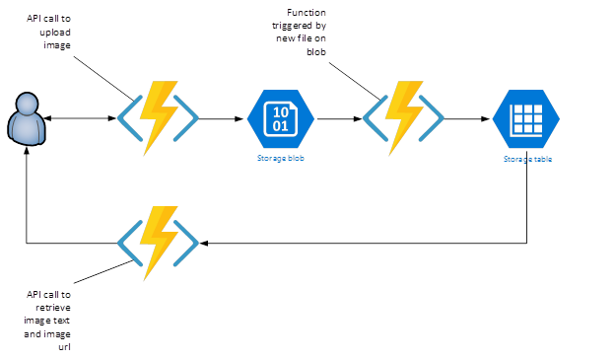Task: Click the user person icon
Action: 27,119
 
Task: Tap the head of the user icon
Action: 27,103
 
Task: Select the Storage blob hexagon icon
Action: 281,118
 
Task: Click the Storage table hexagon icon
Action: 526,118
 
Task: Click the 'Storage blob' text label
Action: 281,158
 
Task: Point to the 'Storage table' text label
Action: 527,159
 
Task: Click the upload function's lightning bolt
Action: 159,117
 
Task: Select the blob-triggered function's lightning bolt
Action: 404,117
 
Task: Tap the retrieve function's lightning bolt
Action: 159,243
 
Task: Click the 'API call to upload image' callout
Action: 48,32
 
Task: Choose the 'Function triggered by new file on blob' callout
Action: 300,32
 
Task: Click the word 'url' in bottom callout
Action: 64,347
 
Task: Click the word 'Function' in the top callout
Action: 307,13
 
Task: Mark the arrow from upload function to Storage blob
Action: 221,118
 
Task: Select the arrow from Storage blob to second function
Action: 339,118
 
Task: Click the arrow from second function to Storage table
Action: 467,118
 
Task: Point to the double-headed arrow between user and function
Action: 80,118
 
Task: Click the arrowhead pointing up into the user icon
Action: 27,151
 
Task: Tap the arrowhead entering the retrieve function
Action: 204,243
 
